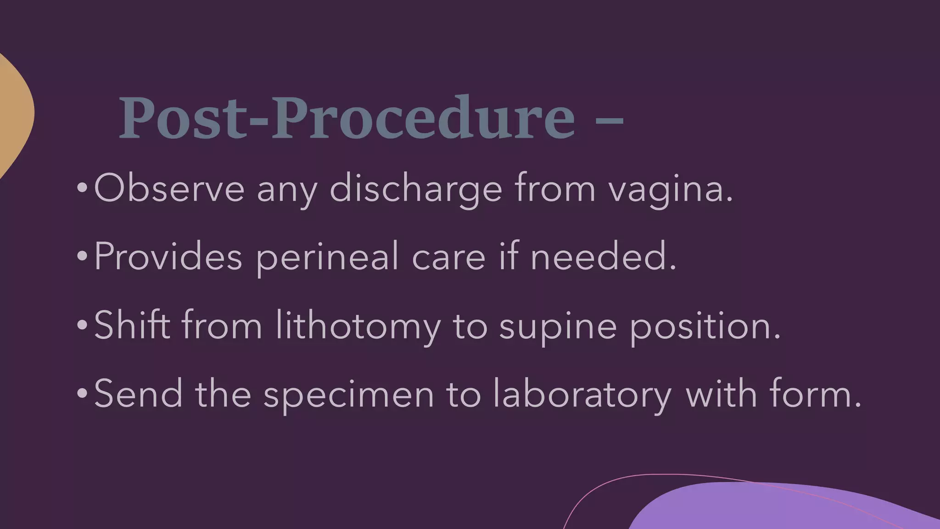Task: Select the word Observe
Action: tap(169, 188)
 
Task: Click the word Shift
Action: tap(132, 325)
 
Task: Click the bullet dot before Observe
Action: tap(82, 188)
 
